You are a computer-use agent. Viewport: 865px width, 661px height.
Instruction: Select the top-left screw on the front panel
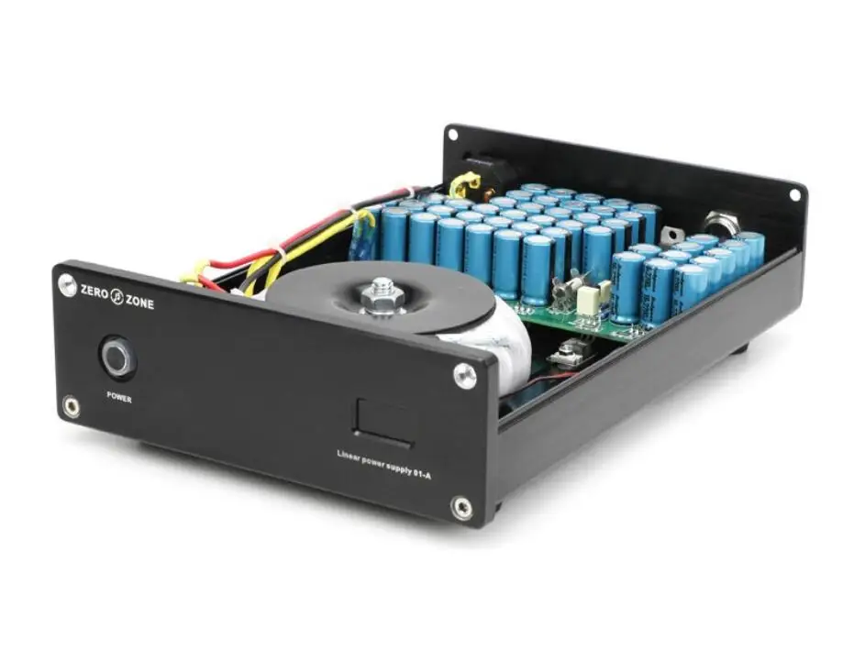click(x=67, y=285)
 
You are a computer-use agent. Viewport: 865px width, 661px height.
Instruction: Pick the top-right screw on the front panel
click(x=465, y=375)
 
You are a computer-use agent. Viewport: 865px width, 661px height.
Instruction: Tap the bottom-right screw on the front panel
click(x=462, y=507)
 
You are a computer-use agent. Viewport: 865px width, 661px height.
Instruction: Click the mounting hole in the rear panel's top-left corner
click(x=453, y=136)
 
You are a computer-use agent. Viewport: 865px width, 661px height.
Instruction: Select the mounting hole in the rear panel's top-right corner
click(x=793, y=194)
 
